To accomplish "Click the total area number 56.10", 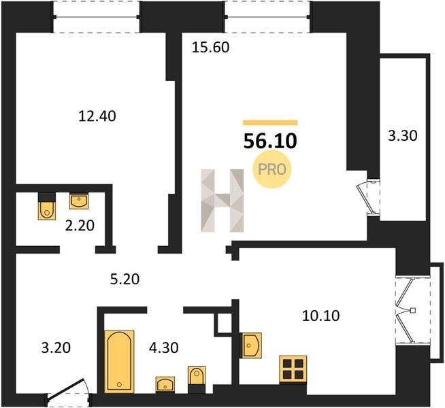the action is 270,141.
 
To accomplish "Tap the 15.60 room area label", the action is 210,48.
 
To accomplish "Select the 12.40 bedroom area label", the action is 97,116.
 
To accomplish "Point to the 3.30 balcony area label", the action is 403,135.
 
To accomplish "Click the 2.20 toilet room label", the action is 80,226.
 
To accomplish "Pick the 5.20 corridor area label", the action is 125,279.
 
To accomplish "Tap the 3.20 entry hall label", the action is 56,348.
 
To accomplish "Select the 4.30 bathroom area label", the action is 164,347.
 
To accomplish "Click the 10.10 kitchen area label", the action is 321,316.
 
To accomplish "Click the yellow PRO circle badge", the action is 272,169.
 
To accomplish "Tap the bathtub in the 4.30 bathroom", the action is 119,362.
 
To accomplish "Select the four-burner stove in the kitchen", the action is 293,369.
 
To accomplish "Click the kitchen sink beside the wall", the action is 251,345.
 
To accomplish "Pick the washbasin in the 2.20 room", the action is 79,201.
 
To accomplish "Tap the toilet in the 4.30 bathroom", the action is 197,377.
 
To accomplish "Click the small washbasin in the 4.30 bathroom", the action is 165,384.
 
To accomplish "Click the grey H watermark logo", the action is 222,201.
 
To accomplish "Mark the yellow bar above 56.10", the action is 270,122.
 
